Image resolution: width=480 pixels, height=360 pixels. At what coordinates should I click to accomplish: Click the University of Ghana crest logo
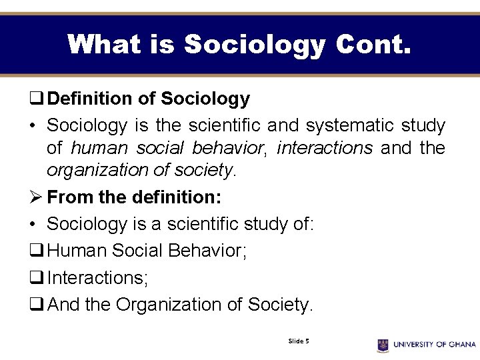coord(383,345)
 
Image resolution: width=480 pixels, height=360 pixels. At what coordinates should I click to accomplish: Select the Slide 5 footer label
coord(298,341)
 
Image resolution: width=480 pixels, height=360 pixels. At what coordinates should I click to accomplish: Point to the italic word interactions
coord(325,147)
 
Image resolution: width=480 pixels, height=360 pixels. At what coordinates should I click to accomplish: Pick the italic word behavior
coord(230,147)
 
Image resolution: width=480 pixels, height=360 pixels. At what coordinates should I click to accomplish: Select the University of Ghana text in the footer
coord(434,345)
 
